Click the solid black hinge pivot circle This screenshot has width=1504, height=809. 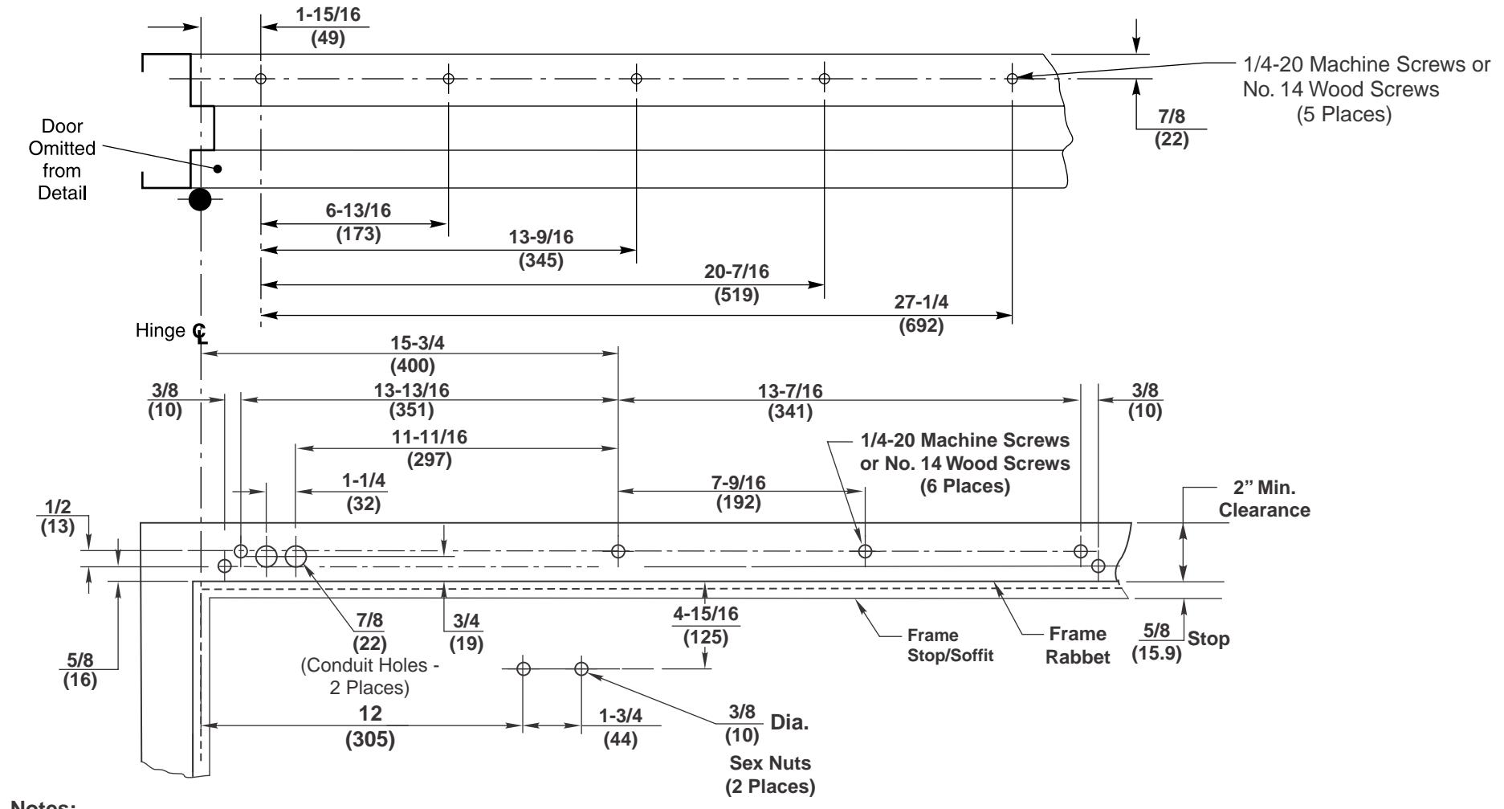pos(200,199)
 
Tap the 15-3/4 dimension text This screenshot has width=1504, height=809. pos(412,341)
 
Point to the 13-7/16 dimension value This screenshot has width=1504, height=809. pos(789,390)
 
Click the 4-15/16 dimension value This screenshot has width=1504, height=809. pos(705,615)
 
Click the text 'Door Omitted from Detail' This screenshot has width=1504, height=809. pos(67,161)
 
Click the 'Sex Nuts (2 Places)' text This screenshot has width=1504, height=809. pos(770,774)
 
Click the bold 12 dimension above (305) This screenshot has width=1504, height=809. pos(371,713)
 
